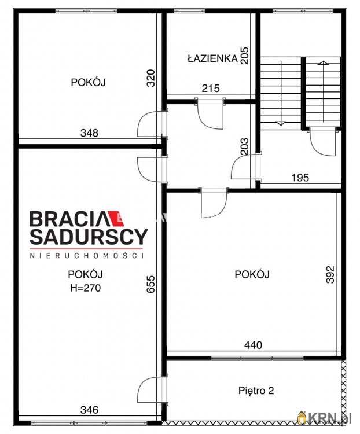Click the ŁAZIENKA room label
coord(212,58)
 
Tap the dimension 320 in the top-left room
coord(150,78)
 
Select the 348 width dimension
coord(89,133)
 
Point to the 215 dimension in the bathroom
coord(211,89)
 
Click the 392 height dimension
coord(330,275)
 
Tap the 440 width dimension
coord(252,345)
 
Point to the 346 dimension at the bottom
coord(89,410)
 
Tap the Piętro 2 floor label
coord(255,391)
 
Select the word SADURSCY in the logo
coord(89,236)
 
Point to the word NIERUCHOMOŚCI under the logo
coord(87,255)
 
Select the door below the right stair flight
coord(322,141)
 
